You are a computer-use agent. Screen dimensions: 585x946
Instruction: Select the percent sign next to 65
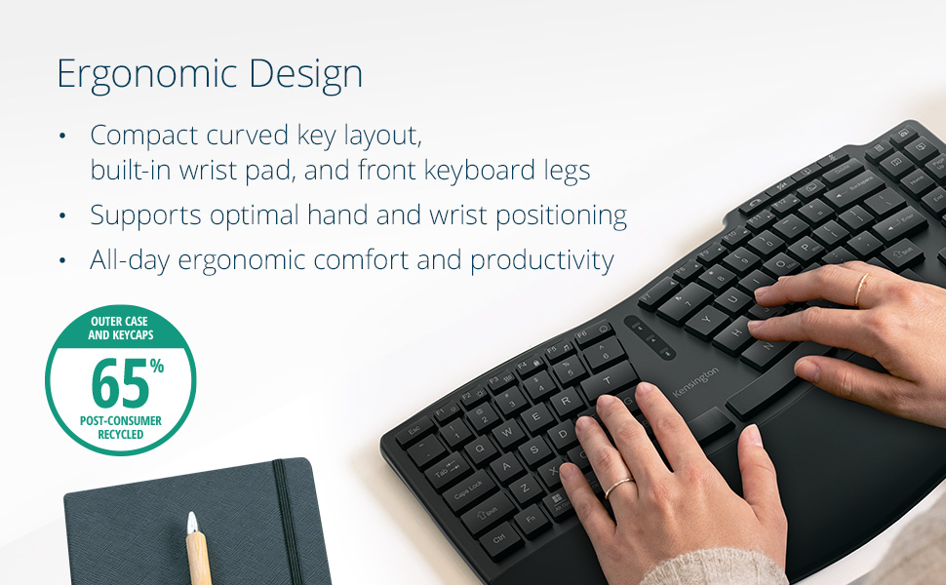(157, 366)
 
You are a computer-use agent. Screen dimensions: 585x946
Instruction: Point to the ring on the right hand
(861, 289)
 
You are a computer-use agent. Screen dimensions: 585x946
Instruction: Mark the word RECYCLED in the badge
(120, 434)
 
